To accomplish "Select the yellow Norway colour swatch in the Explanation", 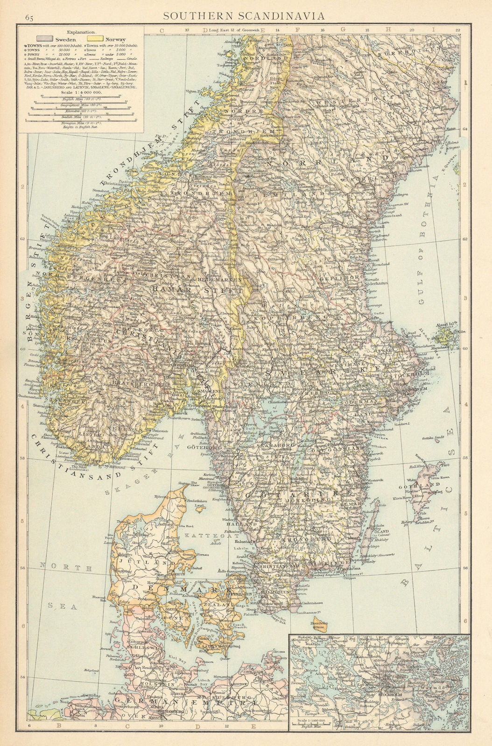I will coord(97,40).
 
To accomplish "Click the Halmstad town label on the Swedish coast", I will coord(243,542).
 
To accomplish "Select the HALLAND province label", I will coord(246,524).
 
